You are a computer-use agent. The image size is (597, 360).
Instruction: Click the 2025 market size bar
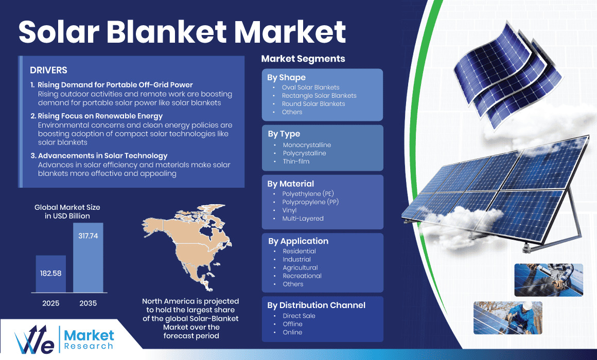[x=50, y=274]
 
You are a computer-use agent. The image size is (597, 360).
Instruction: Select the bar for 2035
[x=88, y=257]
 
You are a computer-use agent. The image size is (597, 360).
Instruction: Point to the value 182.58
[x=50, y=273]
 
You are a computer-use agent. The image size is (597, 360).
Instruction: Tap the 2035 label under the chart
[x=88, y=303]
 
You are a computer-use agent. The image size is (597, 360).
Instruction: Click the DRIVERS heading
[x=48, y=70]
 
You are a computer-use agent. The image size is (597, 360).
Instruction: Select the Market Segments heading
[x=303, y=59]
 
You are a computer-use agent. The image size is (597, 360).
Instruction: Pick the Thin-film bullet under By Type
[x=296, y=161]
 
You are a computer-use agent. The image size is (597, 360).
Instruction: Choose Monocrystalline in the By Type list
[x=307, y=145]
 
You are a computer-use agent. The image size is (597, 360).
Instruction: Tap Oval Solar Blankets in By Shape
[x=310, y=87]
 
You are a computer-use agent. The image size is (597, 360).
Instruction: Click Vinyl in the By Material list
[x=289, y=210]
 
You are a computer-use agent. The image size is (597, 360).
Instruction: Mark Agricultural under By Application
[x=300, y=267]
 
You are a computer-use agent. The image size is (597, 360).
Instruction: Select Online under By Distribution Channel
[x=292, y=332]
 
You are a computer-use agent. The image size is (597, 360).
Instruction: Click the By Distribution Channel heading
[x=316, y=305]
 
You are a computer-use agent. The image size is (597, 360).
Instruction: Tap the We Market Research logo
[x=64, y=338]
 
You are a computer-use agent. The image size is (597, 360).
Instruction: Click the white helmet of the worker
[x=527, y=305]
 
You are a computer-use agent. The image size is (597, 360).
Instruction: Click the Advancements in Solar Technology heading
[x=102, y=156]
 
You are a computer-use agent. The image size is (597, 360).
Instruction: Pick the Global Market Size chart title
[x=67, y=211]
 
